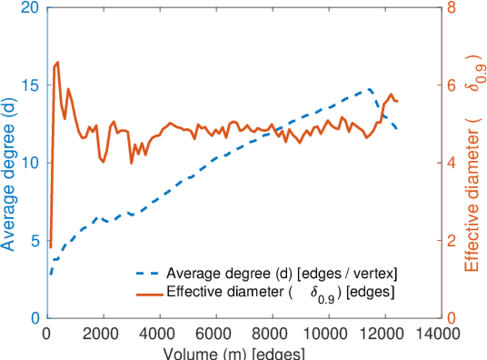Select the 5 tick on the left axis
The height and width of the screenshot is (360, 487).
[34, 240]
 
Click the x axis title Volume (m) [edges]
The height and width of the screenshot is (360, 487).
[244, 353]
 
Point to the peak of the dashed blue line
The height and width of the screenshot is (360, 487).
[369, 89]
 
